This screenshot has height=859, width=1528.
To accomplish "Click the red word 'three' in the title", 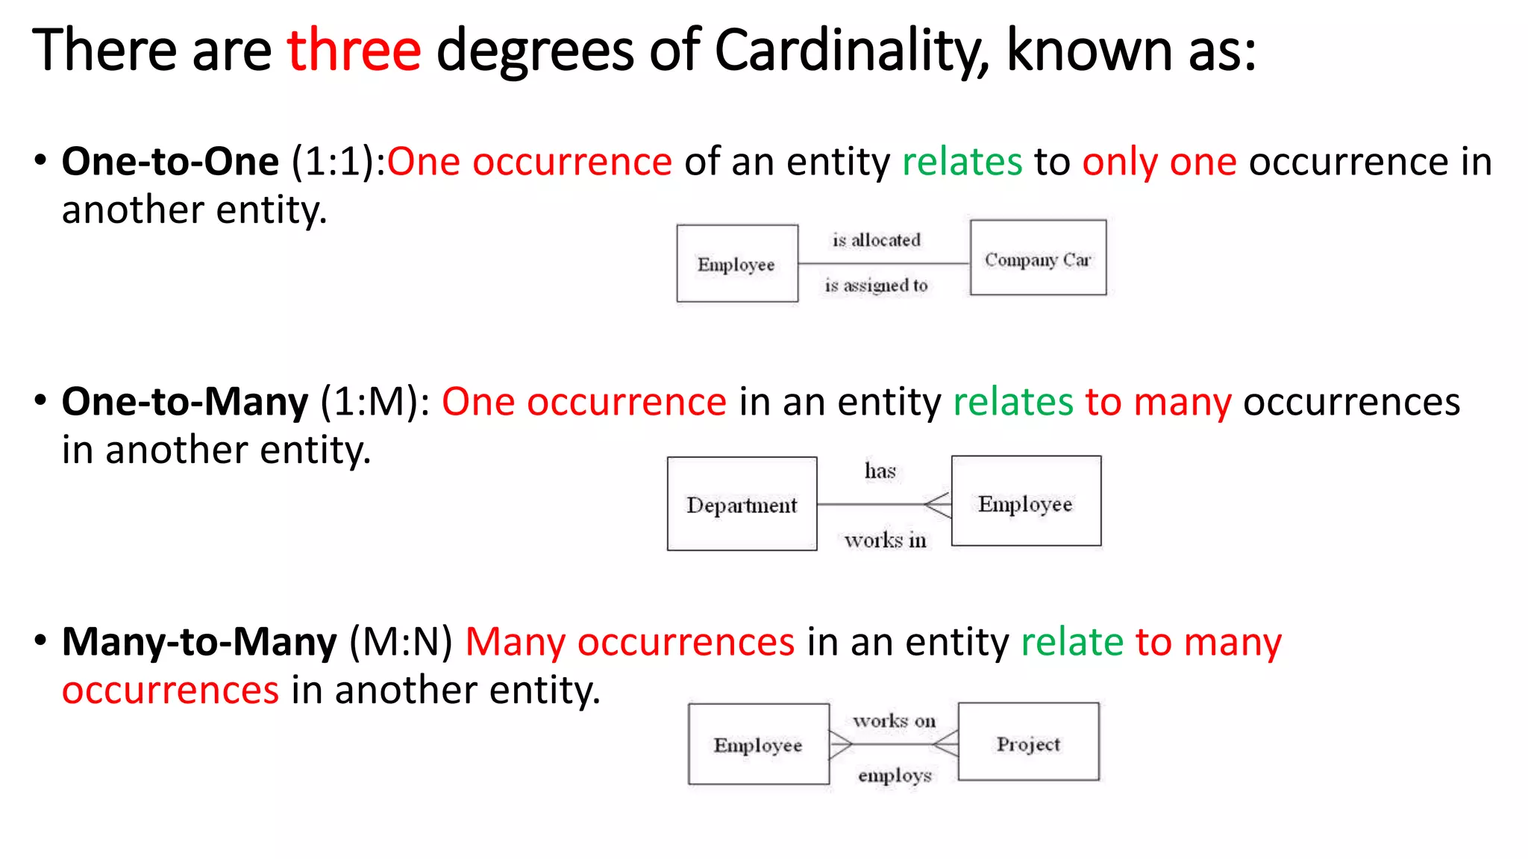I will (x=354, y=51).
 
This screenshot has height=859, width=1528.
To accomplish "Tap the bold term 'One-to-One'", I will (x=170, y=162).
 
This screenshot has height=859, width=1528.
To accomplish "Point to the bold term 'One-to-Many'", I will (x=184, y=402).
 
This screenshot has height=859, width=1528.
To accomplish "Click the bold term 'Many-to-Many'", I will (x=199, y=642).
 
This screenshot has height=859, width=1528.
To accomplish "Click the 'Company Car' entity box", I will (x=1038, y=258).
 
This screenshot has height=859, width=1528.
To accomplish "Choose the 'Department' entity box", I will (x=742, y=504).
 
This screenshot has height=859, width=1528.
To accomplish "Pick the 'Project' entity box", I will (x=1028, y=742).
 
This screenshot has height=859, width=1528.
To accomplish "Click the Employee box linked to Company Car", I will (x=736, y=264).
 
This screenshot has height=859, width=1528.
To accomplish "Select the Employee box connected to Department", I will (x=1026, y=502).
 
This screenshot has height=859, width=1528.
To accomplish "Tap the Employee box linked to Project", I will (x=758, y=744).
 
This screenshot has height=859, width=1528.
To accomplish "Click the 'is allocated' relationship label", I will (x=877, y=240).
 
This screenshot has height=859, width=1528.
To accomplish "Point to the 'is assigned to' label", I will (x=877, y=286).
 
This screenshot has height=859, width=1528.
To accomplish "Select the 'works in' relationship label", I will (x=886, y=540).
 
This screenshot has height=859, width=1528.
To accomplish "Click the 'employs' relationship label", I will (x=895, y=775).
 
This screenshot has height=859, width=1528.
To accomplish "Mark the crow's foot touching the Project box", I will (x=946, y=743).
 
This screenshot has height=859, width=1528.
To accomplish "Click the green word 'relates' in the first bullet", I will (x=962, y=162).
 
